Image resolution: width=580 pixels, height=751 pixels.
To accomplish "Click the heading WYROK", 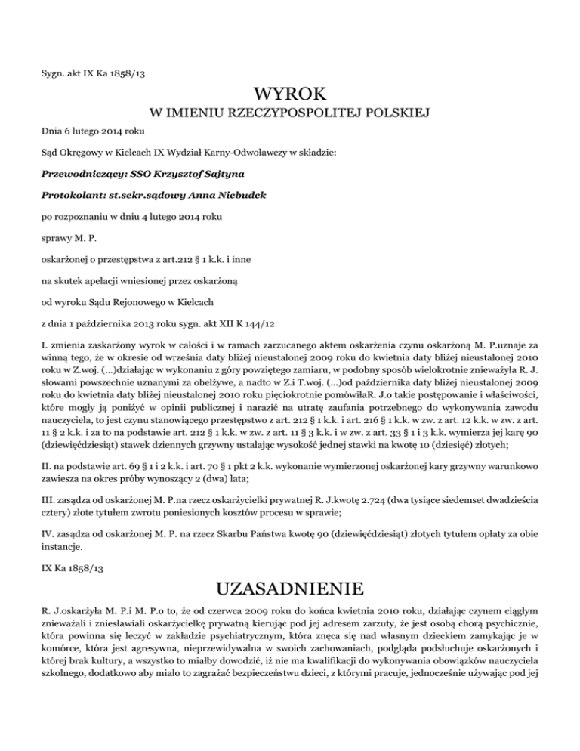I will pyautogui.click(x=290, y=96).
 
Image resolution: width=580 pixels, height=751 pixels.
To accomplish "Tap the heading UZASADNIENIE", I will pyautogui.click(x=290, y=587).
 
